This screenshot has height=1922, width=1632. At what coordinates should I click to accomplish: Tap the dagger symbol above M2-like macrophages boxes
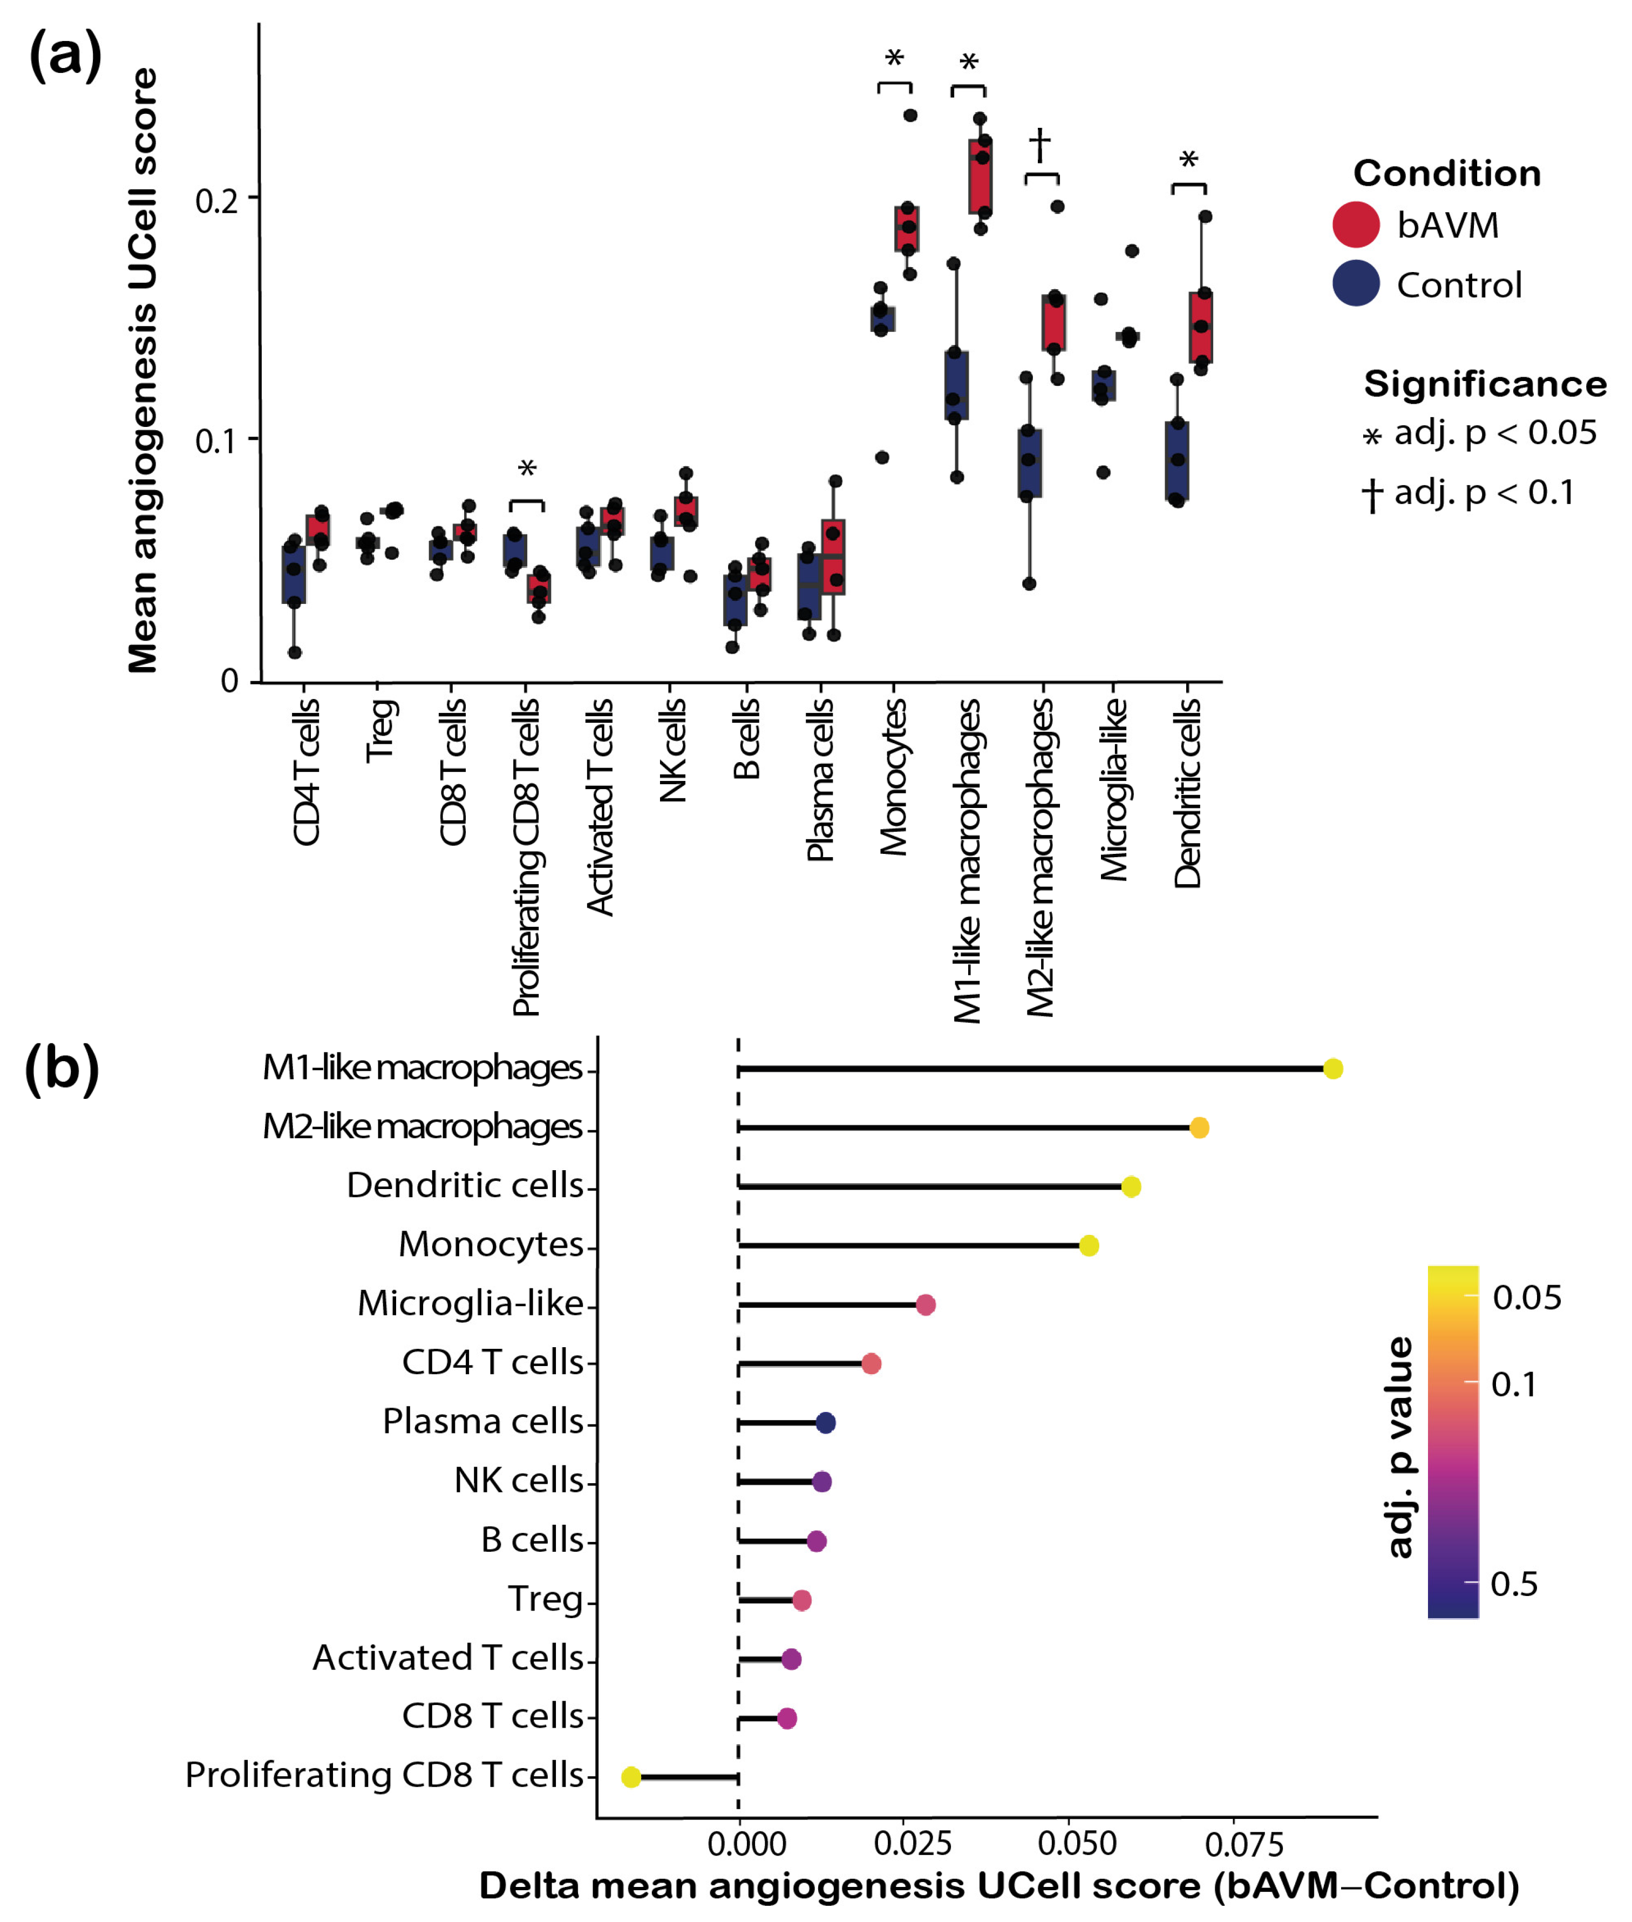click(1040, 144)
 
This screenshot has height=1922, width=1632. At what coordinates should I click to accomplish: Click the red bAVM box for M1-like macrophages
click(981, 176)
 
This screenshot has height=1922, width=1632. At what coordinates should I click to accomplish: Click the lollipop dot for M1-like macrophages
click(1332, 1069)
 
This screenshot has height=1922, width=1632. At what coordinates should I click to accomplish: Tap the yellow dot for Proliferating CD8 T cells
click(631, 1777)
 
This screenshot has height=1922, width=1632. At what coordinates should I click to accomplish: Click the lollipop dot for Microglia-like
click(925, 1305)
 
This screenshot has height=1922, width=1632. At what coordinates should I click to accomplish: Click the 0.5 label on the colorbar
click(1514, 1583)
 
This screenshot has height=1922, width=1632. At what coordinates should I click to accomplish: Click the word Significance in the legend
click(1485, 384)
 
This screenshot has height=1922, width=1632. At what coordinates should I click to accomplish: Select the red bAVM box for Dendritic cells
click(1201, 328)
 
